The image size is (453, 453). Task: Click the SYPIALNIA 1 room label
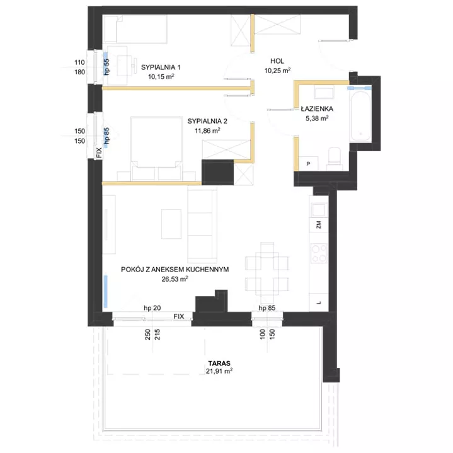pos(161,67)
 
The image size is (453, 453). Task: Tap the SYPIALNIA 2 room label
pos(207,121)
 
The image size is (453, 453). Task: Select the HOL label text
pos(277,61)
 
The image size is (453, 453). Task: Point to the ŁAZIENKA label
pos(317,108)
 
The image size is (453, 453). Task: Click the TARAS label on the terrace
pos(219,363)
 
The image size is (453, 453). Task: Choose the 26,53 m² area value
pos(175,278)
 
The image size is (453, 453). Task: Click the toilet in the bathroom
pos(335,159)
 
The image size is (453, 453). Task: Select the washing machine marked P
pos(308,164)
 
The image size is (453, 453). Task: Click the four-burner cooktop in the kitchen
pos(319,253)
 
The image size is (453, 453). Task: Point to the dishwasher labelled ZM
pos(319,225)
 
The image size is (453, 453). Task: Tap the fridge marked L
pos(319,302)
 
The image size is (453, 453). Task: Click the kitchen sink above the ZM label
pos(319,210)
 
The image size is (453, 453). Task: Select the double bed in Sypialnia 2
pos(156,149)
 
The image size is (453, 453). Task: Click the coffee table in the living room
pos(171,224)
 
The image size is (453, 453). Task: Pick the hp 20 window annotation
pos(152,308)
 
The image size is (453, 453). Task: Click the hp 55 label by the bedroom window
pos(106,67)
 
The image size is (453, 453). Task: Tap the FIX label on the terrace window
pos(179,316)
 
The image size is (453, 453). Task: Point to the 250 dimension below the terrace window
pos(147,335)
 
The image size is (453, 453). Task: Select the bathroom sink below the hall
pos(324,93)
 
